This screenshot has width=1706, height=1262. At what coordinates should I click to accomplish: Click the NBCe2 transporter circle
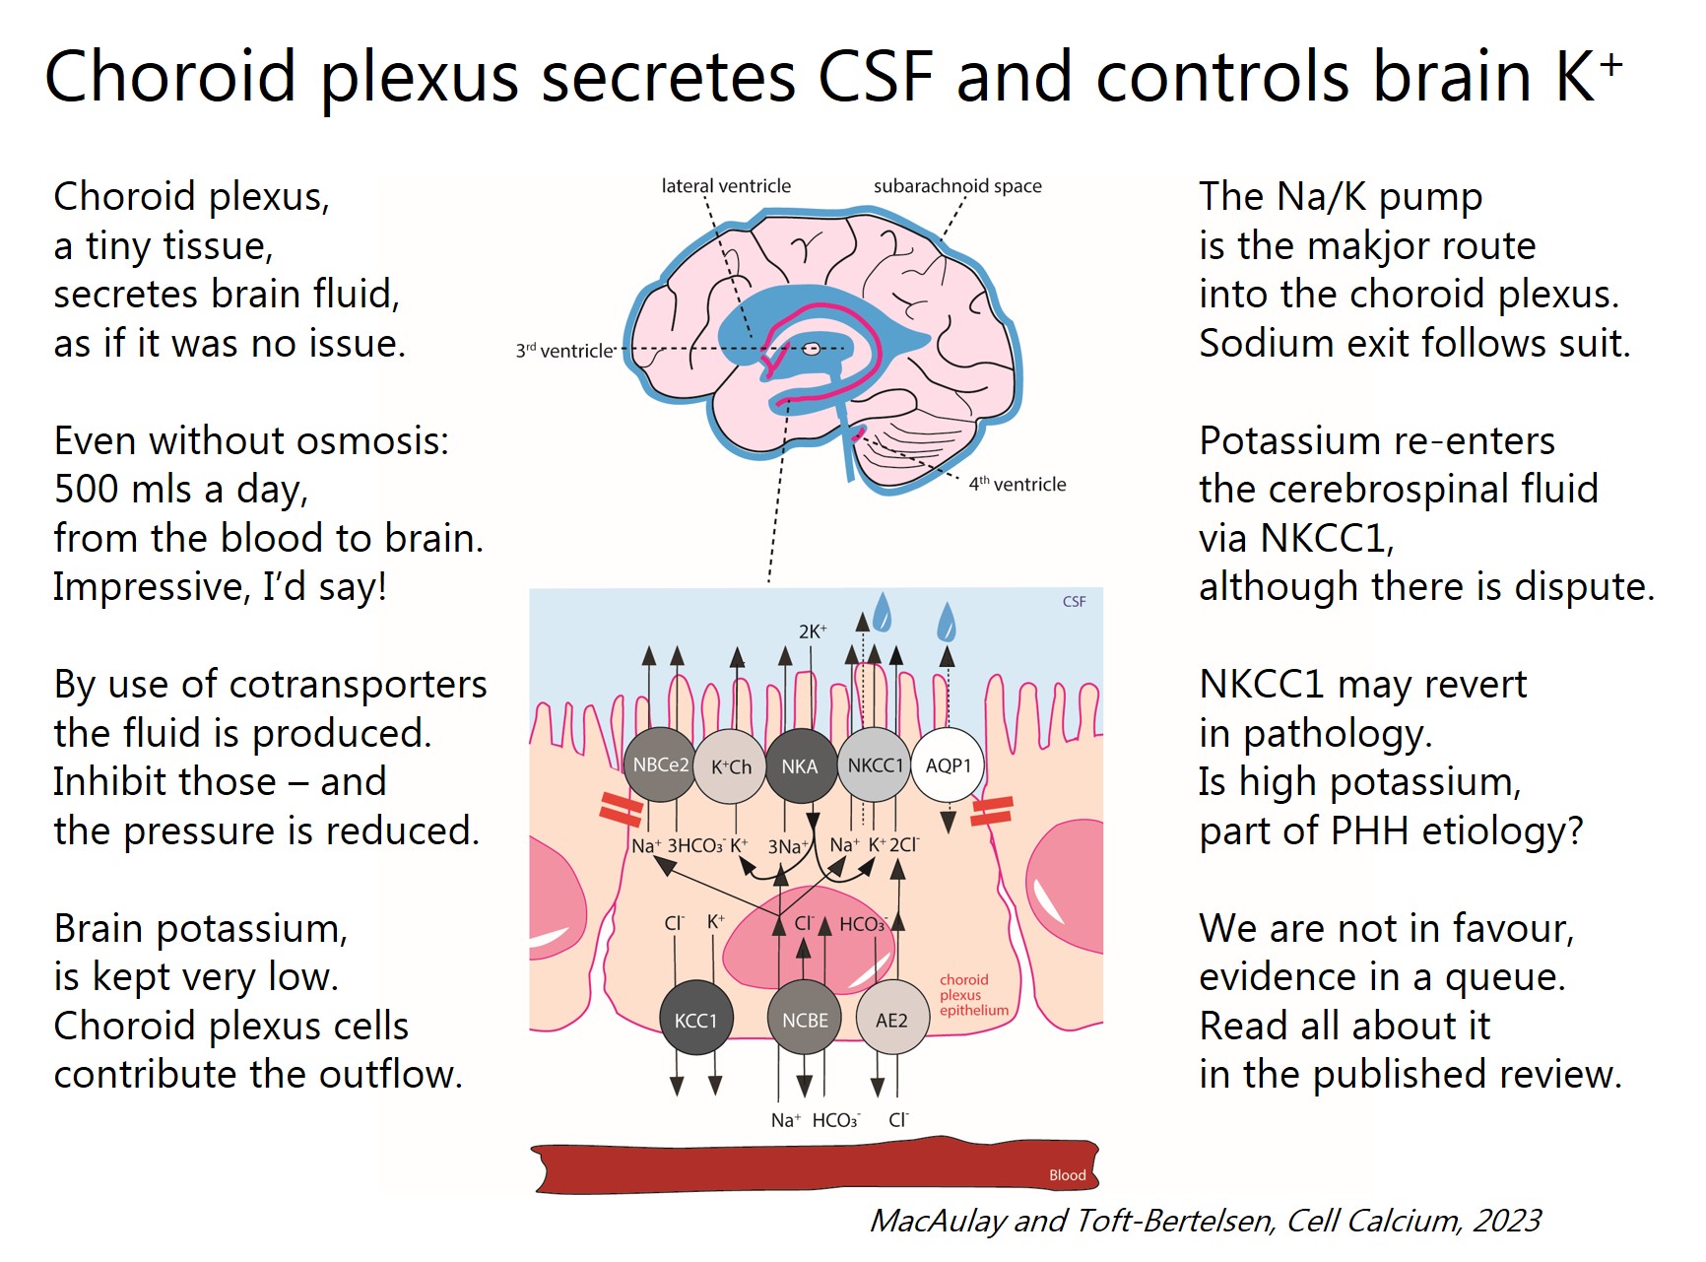click(660, 765)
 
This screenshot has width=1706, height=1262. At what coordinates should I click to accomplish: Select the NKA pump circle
click(799, 766)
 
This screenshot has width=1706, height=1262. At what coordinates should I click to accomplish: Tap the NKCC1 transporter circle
click(875, 765)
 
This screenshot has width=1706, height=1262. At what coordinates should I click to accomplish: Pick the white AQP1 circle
click(948, 765)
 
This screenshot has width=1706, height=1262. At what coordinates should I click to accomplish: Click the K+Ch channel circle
click(731, 766)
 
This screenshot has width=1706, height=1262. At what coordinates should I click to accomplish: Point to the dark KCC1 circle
click(695, 1020)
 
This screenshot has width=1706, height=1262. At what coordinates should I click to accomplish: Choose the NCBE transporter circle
click(805, 1020)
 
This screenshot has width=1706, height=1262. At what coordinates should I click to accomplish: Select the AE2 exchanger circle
click(891, 1020)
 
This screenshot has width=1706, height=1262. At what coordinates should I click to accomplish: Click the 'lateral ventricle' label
click(726, 186)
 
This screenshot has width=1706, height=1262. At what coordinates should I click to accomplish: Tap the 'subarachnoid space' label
click(957, 186)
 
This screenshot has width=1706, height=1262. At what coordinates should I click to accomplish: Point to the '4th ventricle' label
click(1017, 484)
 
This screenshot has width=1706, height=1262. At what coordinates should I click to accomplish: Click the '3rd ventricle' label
click(565, 351)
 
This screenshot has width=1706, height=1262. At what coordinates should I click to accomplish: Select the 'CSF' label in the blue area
click(1074, 601)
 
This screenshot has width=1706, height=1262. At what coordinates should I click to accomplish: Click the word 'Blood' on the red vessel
click(1067, 1174)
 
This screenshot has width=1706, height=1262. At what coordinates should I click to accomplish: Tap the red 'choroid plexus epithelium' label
click(972, 995)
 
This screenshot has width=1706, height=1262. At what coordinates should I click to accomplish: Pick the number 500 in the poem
click(87, 490)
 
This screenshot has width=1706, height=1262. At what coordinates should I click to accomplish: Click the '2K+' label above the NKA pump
click(813, 631)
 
